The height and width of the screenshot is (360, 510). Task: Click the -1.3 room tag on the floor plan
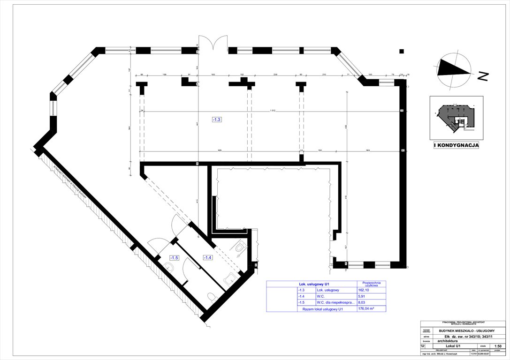pyautogui.click(x=216, y=120)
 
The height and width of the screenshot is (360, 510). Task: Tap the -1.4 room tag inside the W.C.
pyautogui.click(x=207, y=257)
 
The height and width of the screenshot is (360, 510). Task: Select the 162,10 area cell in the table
pyautogui.click(x=364, y=290)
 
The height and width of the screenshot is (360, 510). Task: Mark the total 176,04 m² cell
pyautogui.click(x=367, y=309)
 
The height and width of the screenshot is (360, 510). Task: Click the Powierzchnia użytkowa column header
pyautogui.click(x=371, y=284)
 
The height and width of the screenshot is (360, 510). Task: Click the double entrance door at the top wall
pyautogui.click(x=213, y=44)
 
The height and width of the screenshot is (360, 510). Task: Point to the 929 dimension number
pyautogui.click(x=220, y=150)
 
